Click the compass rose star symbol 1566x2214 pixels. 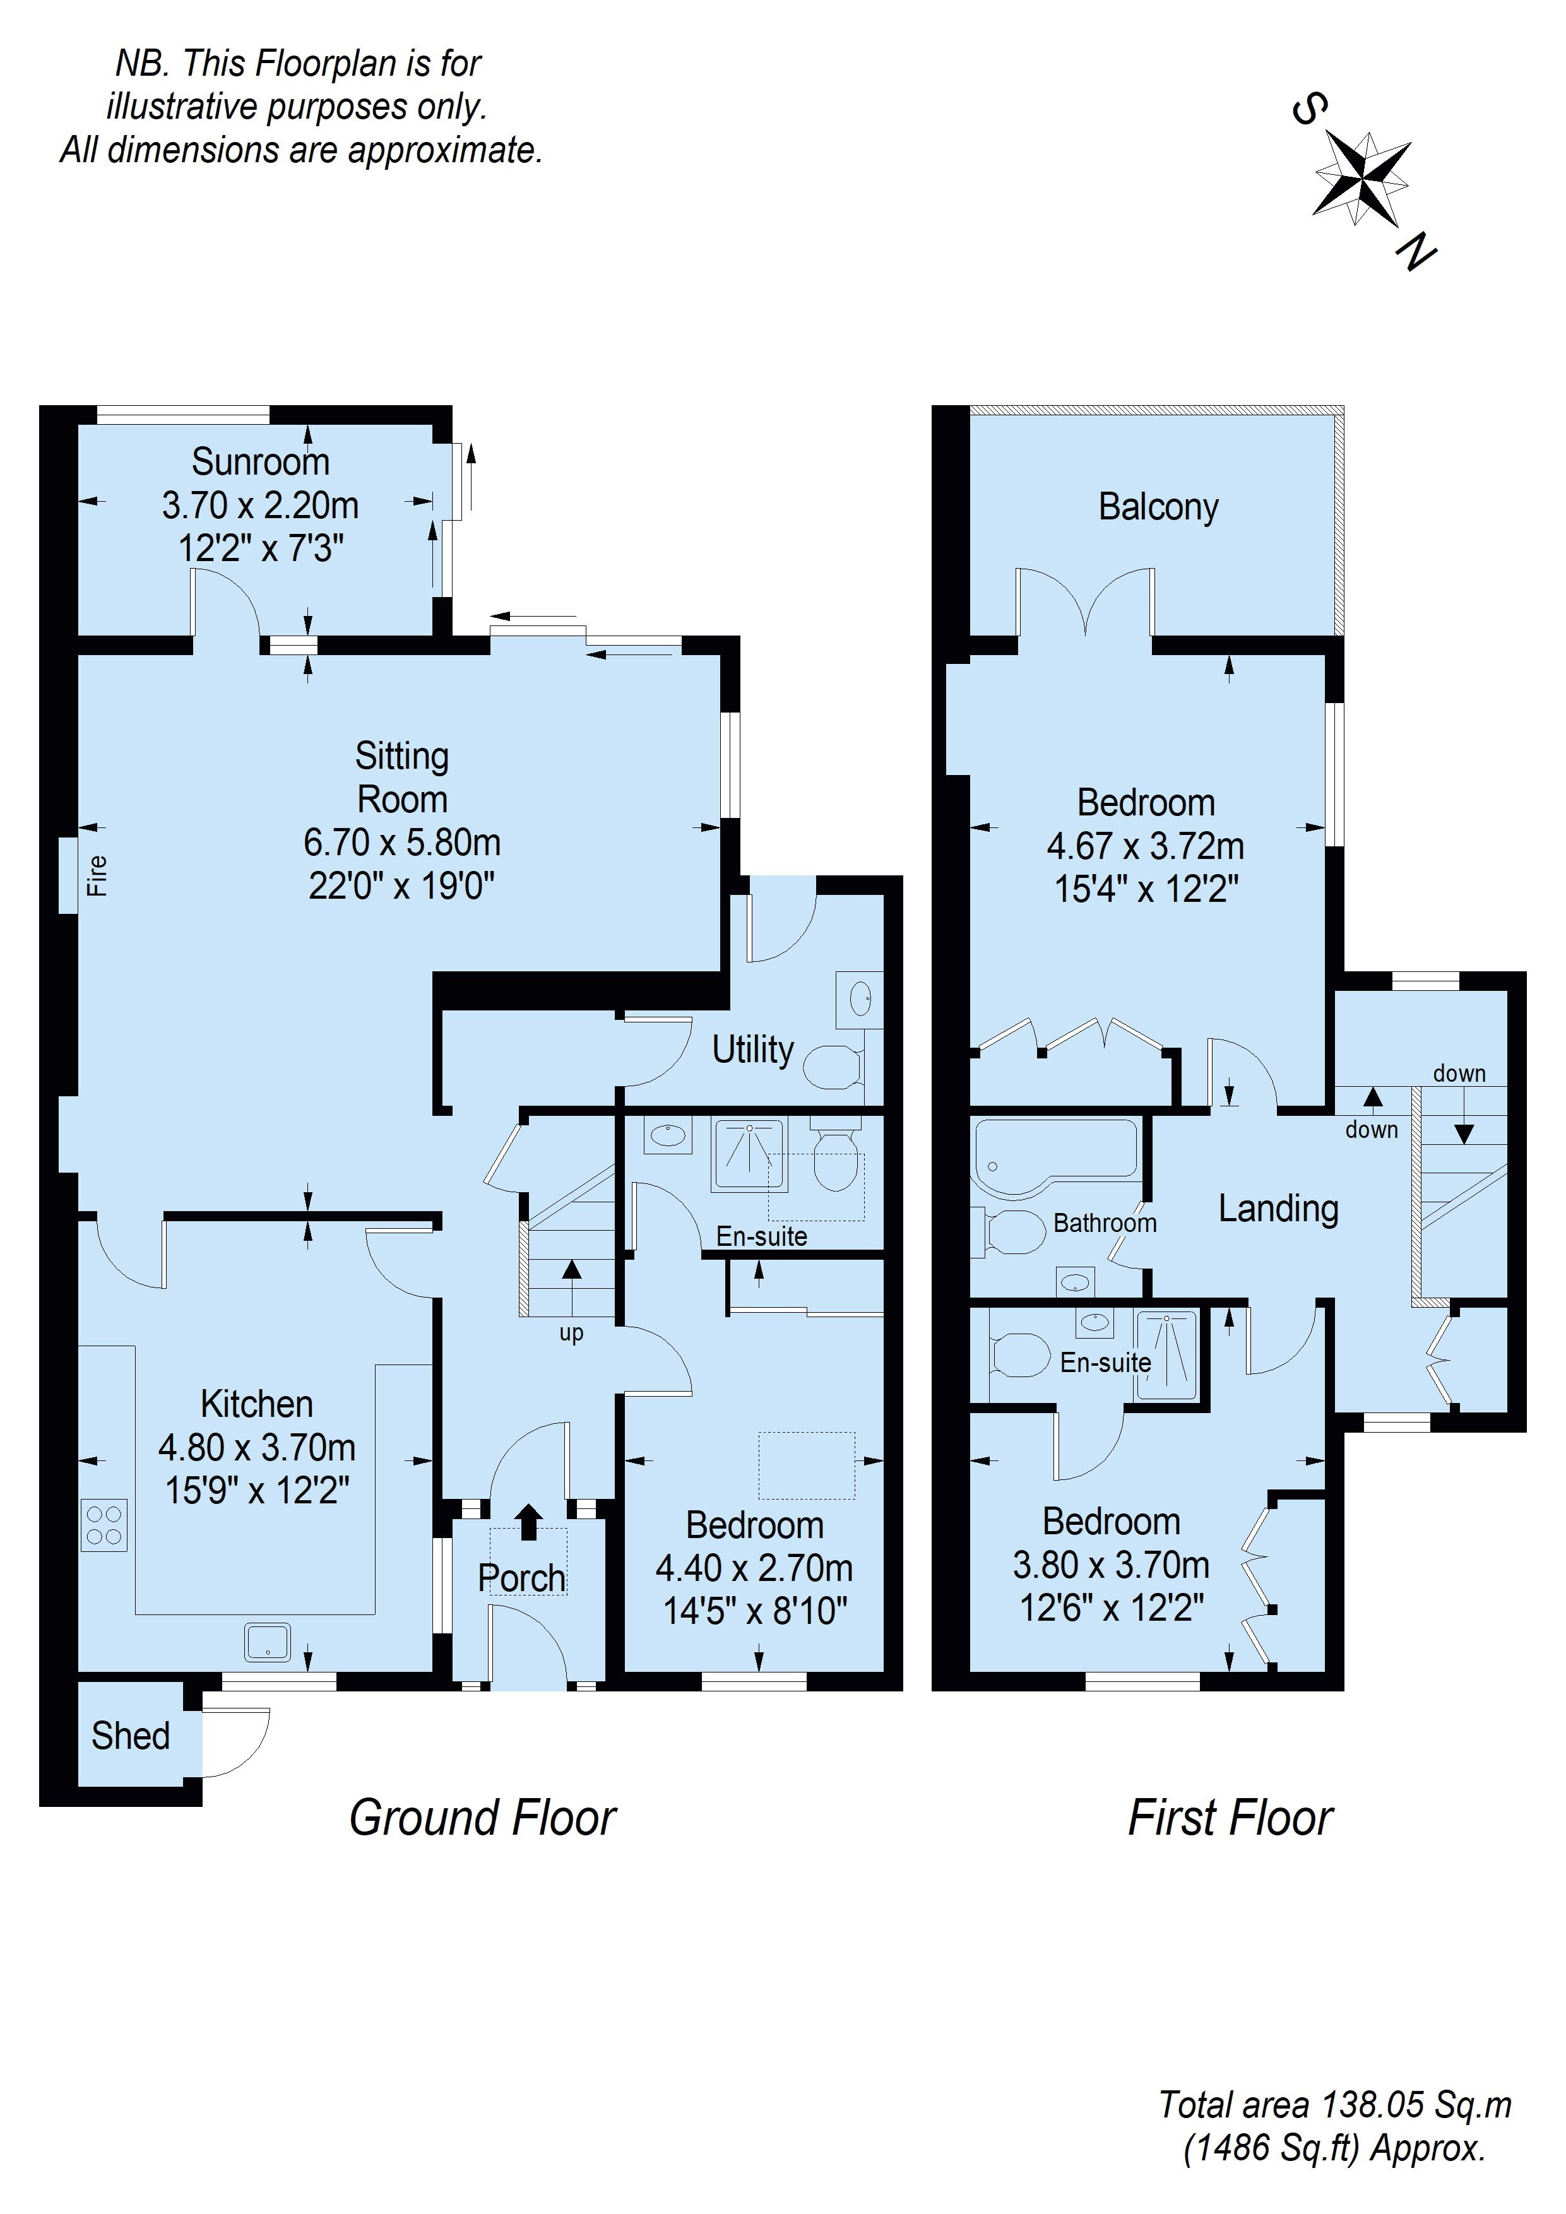click(x=1363, y=179)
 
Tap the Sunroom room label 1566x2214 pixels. click(x=260, y=462)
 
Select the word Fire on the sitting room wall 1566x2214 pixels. click(x=97, y=875)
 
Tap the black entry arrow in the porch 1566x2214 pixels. click(x=528, y=1522)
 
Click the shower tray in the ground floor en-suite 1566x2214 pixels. click(x=749, y=1153)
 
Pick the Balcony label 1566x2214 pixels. click(x=1158, y=507)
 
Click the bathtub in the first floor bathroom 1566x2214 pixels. click(x=1056, y=1155)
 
